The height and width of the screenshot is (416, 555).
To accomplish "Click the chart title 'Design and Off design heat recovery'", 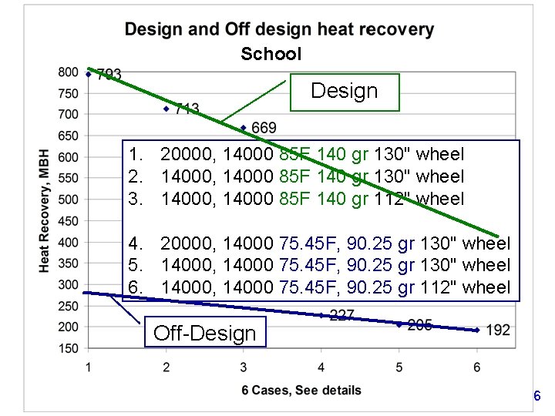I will tap(279, 30).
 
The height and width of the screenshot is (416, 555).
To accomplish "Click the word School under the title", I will tap(271, 54).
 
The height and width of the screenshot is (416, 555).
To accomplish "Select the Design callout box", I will tap(344, 92).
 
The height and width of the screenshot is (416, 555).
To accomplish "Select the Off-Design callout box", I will tap(205, 334).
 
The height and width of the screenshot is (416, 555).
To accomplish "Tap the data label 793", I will tap(109, 75).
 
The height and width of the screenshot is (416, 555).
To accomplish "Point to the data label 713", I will tap(187, 109).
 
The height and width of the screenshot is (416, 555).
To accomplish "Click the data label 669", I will tap(264, 127).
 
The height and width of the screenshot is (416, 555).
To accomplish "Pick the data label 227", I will tap(341, 315).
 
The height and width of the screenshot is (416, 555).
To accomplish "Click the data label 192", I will tap(498, 330).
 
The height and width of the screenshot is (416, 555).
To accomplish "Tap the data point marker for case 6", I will tap(476, 330).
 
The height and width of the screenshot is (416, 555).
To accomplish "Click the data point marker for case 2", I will tap(166, 109).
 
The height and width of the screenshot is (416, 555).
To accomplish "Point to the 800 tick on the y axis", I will tap(68, 72).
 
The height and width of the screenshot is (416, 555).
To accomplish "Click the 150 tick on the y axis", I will tap(68, 348).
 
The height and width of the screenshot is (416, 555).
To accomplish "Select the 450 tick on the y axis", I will tap(68, 221).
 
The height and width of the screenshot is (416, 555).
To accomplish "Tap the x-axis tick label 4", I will tap(321, 367).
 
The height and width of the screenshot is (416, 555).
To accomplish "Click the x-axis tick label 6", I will tap(476, 367).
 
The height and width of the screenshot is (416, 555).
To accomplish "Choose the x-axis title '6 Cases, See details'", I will tap(301, 391).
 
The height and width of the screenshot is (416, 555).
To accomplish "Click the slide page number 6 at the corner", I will tap(536, 397).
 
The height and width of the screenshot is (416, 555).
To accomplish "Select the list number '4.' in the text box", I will tap(138, 244).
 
